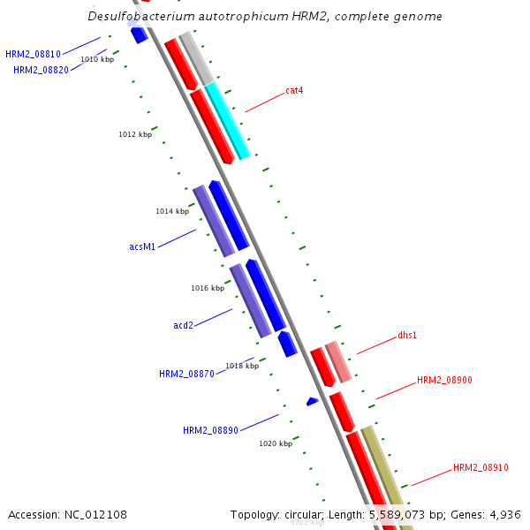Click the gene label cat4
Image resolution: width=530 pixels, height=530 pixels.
click(x=294, y=90)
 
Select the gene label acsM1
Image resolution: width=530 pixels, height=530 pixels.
click(x=142, y=246)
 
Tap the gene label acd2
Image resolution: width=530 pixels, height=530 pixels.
click(x=183, y=325)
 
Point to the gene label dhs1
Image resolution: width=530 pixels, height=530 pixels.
click(x=407, y=336)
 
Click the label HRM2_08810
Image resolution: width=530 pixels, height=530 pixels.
click(x=33, y=54)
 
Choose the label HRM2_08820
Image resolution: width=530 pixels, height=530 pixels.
click(x=41, y=70)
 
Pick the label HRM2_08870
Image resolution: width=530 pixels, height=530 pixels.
click(x=186, y=374)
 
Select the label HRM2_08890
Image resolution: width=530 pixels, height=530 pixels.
click(x=210, y=430)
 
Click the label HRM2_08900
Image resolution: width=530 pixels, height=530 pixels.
click(x=444, y=380)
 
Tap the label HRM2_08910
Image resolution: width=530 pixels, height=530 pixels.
click(x=481, y=467)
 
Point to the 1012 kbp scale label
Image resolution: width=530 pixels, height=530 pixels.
click(x=135, y=134)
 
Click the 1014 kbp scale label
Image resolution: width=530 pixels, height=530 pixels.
click(x=172, y=211)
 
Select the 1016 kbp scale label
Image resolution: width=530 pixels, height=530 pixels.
click(x=208, y=288)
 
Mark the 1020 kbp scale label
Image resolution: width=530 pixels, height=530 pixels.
click(x=276, y=443)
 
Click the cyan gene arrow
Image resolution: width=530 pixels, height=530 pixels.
click(x=228, y=121)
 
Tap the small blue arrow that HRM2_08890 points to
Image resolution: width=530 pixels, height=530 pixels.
click(x=312, y=402)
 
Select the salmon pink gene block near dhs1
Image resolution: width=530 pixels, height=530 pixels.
click(x=338, y=362)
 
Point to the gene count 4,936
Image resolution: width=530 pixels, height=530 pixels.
click(x=503, y=514)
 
